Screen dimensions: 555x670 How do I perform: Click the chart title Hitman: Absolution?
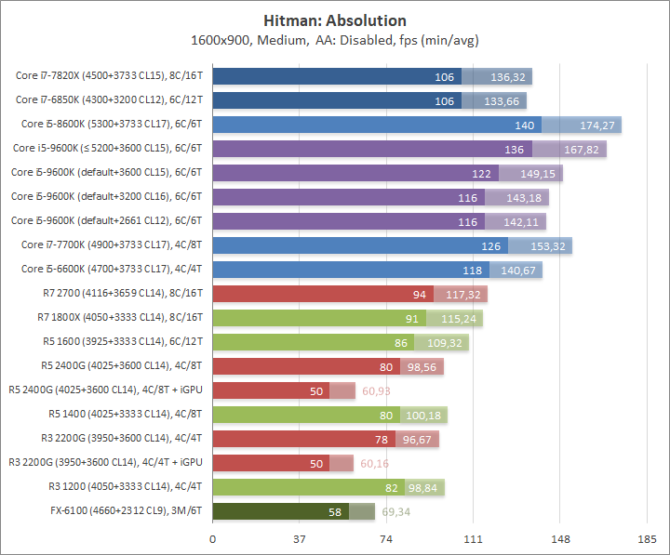(335, 20)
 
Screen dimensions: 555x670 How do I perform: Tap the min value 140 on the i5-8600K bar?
(525, 125)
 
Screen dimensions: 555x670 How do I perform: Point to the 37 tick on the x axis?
(300, 539)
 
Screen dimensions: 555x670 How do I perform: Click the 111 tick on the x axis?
(473, 539)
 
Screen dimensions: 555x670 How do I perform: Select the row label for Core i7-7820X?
(109, 76)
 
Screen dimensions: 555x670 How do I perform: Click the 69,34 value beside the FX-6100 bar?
(398, 511)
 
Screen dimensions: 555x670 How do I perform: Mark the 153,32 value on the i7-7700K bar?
(548, 245)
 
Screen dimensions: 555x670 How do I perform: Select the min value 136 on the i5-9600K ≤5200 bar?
(514, 149)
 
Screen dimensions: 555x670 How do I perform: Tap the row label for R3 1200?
(125, 487)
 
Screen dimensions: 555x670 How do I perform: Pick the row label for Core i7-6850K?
(109, 100)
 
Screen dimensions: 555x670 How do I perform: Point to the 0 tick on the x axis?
(213, 539)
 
